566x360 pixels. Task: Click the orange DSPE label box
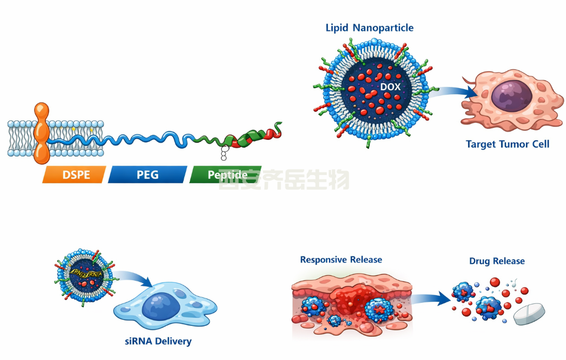coord(74,175)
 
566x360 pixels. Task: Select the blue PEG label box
coord(147,175)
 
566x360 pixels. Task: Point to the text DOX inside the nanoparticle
coord(390,87)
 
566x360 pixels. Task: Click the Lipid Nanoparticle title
coord(369,28)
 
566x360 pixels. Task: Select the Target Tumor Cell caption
coord(507,144)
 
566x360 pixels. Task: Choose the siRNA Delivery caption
coord(158,341)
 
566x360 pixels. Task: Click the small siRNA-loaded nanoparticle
coord(84,276)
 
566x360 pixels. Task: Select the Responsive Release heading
coord(340,259)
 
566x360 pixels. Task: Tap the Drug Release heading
coord(497,261)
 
